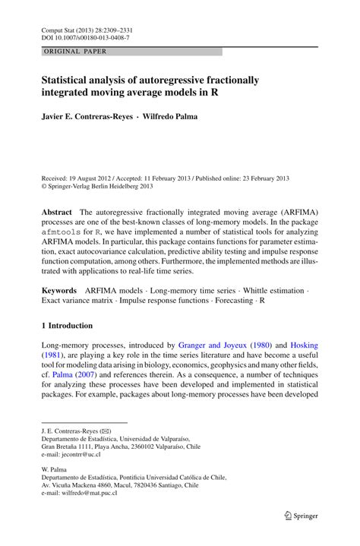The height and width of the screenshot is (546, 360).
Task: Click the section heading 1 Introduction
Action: [x=67, y=326]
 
